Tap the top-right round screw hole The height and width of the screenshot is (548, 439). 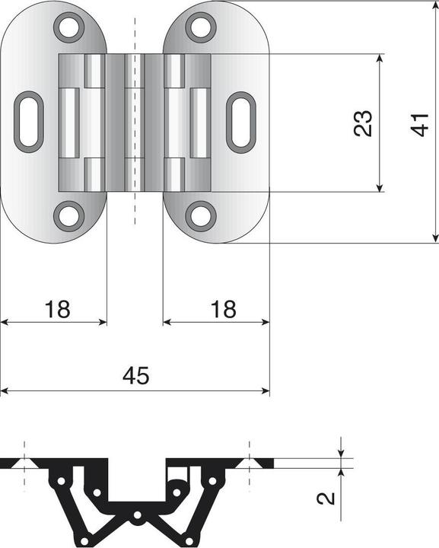pos(201,27)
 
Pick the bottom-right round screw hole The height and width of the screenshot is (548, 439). pos(201,215)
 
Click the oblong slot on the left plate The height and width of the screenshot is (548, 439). pos(29,122)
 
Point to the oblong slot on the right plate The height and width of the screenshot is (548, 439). pos(242,122)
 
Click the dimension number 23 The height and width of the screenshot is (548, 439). pos(363,123)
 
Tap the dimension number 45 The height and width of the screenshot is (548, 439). pos(136,375)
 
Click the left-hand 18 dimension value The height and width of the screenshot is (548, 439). pos(57,309)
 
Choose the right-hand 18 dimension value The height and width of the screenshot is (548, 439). pos(221,309)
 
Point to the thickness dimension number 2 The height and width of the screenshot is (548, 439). pos(326,499)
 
